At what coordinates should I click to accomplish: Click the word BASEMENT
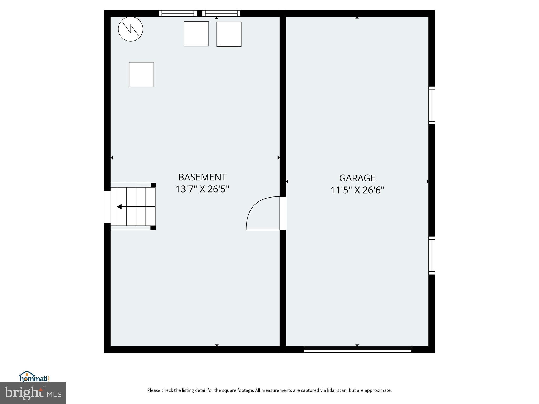(x=202, y=177)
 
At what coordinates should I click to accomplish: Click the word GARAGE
(x=357, y=178)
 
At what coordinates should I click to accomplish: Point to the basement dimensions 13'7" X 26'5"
(x=202, y=189)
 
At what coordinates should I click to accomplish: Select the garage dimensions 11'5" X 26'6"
(x=357, y=190)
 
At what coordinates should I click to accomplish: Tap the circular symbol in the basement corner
(x=131, y=29)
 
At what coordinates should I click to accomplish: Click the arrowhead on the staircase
(x=119, y=207)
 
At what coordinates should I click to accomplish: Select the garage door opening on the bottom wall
(x=357, y=349)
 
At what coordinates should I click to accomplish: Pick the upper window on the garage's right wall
(x=432, y=105)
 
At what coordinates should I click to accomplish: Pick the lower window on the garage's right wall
(x=432, y=255)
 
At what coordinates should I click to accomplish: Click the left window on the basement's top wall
(x=178, y=13)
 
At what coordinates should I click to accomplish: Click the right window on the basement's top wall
(x=221, y=13)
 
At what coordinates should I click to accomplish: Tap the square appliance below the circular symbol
(x=141, y=74)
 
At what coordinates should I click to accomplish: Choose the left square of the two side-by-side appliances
(x=196, y=34)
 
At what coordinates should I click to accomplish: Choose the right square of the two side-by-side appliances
(x=229, y=34)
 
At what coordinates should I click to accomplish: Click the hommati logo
(x=34, y=377)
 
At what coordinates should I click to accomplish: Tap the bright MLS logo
(x=33, y=393)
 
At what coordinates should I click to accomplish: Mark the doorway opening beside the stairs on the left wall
(x=107, y=207)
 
